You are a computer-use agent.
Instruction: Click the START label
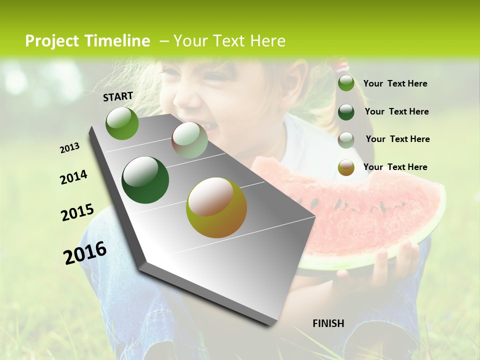click(x=118, y=96)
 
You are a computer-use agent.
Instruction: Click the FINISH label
click(x=328, y=323)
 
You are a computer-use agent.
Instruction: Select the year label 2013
click(x=70, y=148)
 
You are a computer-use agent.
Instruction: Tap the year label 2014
click(x=73, y=177)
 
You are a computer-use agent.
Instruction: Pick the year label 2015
click(x=77, y=212)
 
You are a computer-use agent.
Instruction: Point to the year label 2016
click(x=85, y=252)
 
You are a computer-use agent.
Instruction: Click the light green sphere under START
click(x=122, y=123)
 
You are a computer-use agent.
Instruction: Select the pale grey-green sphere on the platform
click(x=189, y=140)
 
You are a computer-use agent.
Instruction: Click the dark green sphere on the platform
click(x=145, y=180)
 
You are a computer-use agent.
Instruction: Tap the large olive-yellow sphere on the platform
click(x=216, y=207)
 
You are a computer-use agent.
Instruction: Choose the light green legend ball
click(x=346, y=83)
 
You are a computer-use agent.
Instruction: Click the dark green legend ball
click(x=346, y=111)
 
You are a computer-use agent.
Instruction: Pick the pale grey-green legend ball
click(x=346, y=139)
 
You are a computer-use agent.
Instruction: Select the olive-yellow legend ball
click(x=346, y=167)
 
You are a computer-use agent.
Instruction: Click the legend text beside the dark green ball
click(x=397, y=111)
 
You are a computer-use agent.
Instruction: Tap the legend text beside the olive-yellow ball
click(x=395, y=167)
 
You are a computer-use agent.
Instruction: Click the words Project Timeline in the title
click(x=87, y=41)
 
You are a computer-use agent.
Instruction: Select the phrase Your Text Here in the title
click(x=229, y=41)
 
